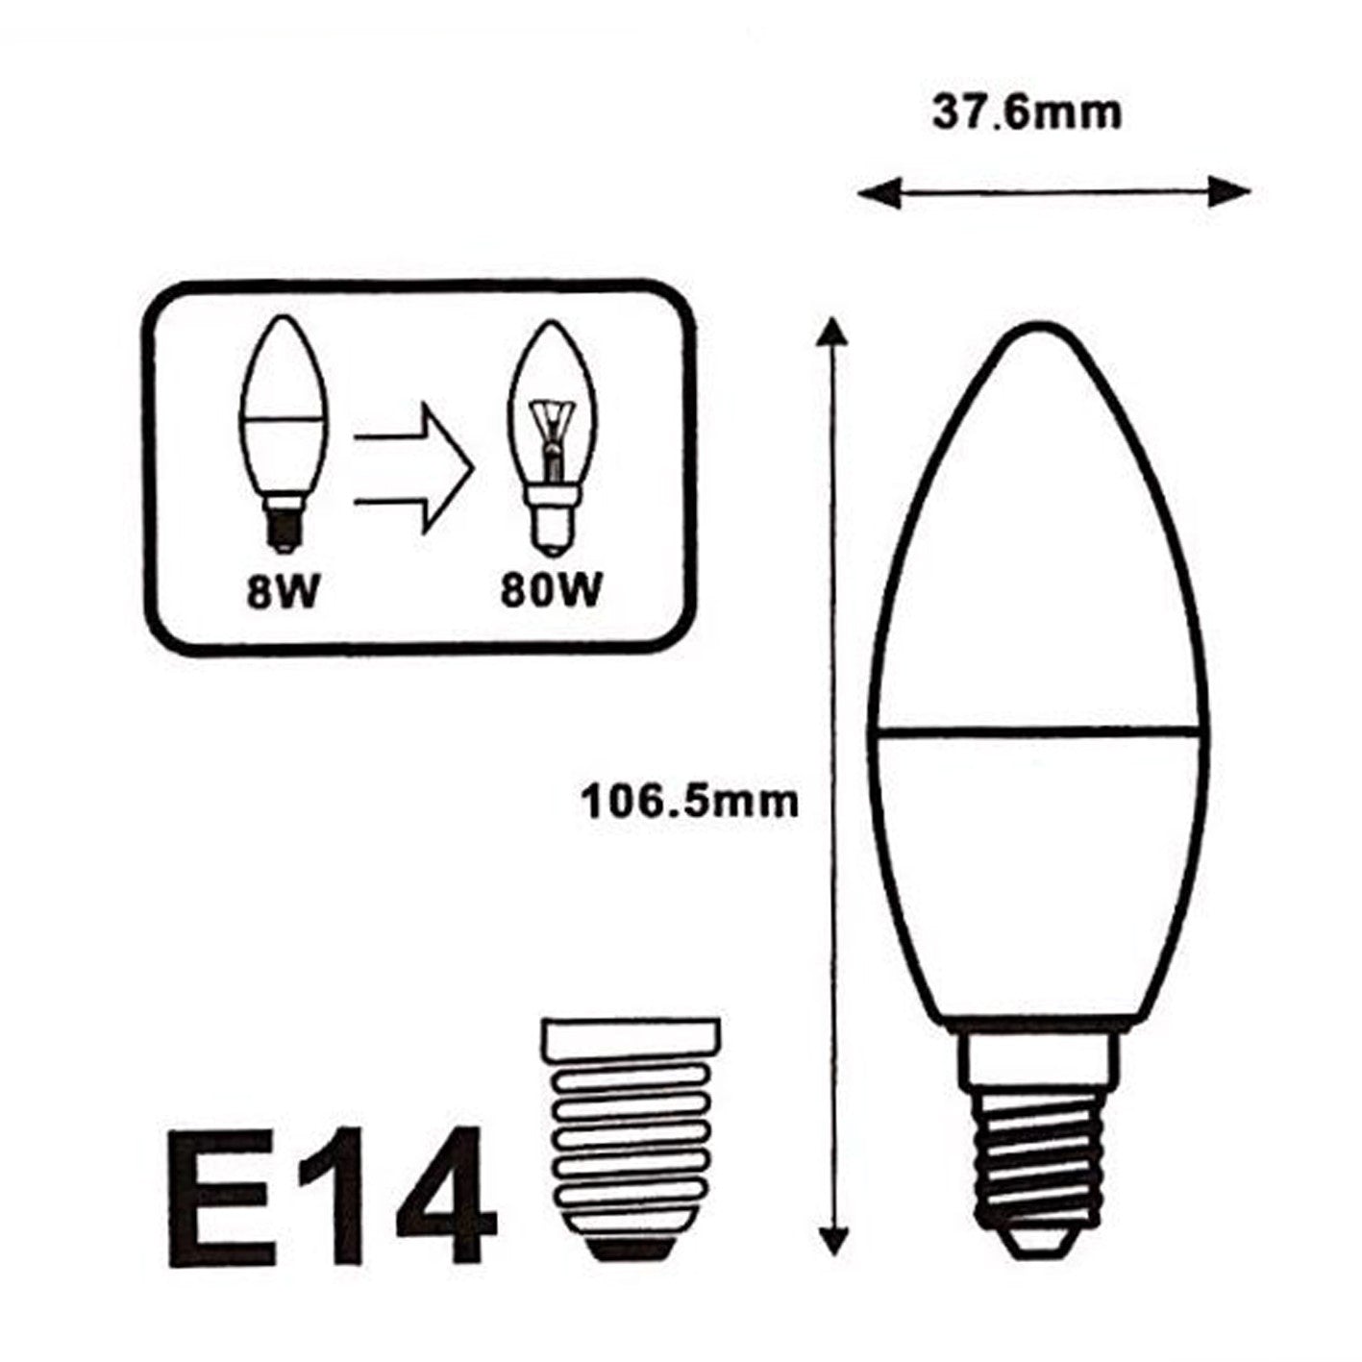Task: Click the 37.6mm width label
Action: [x=1027, y=113]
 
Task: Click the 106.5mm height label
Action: [x=689, y=800]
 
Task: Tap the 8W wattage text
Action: [x=281, y=593]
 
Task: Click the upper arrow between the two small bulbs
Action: [x=415, y=438]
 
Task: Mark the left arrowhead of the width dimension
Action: [x=870, y=192]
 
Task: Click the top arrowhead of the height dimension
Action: [x=831, y=332]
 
